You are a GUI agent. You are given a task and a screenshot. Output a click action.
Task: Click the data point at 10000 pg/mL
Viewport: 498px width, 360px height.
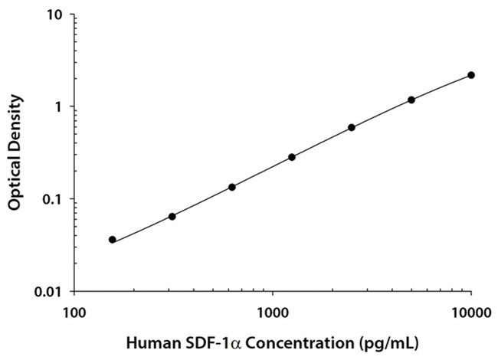pyautogui.click(x=471, y=75)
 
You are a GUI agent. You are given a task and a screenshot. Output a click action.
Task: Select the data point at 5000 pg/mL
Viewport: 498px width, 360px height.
pyautogui.click(x=411, y=100)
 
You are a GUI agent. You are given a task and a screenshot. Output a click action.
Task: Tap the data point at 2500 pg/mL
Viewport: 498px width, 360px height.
pyautogui.click(x=352, y=127)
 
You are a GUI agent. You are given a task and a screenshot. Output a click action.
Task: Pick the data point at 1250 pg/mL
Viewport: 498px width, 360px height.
pyautogui.click(x=292, y=157)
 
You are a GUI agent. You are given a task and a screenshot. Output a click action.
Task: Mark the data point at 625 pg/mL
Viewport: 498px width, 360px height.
pyautogui.click(x=232, y=187)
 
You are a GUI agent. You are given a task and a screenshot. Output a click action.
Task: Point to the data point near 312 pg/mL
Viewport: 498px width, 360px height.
pyautogui.click(x=172, y=217)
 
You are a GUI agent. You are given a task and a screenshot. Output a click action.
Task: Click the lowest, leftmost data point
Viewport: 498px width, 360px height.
pyautogui.click(x=113, y=240)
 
